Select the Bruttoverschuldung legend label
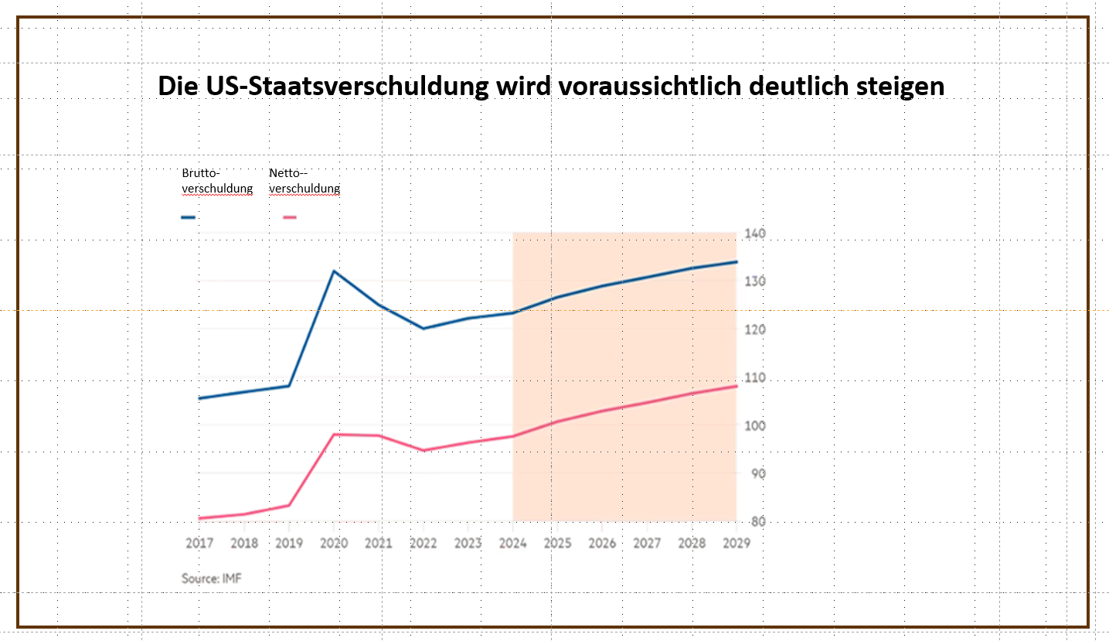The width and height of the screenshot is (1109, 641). [217, 181]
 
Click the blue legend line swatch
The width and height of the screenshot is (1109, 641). [189, 217]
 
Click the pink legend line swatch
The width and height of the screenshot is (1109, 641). [290, 217]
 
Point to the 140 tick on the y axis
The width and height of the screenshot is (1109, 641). [754, 234]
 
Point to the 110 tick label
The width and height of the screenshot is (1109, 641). [754, 378]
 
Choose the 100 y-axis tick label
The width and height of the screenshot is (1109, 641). [754, 426]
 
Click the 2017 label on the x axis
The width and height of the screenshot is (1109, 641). [199, 544]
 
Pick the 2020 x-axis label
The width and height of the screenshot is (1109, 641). [334, 544]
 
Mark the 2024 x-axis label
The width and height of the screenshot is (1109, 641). [513, 544]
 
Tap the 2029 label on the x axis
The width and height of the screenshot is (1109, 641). [736, 544]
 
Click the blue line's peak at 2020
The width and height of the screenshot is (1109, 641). [334, 271]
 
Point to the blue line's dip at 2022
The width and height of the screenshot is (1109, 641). [424, 329]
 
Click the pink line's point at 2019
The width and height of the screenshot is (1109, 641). [289, 506]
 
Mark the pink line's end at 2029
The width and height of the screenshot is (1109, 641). [736, 386]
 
